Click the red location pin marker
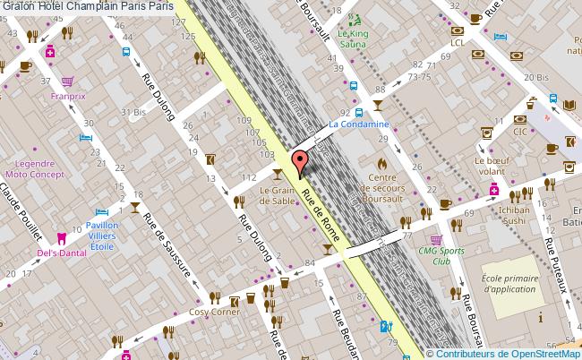[x=300, y=163]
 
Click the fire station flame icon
[x=381, y=165]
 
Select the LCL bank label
[x=458, y=42]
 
